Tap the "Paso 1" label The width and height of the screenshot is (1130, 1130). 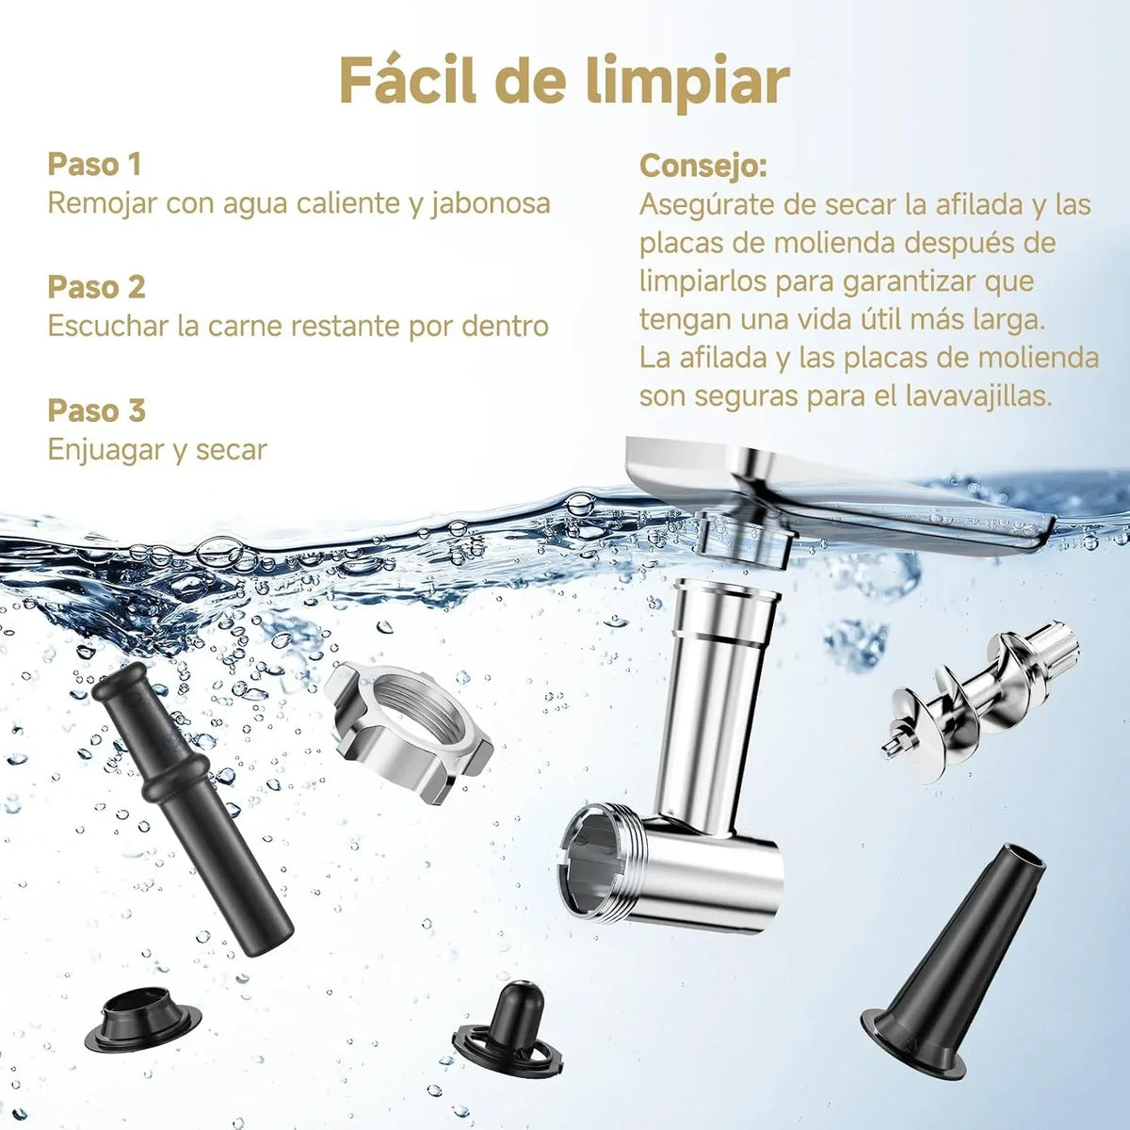tap(94, 164)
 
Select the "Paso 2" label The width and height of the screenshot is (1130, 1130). tap(96, 287)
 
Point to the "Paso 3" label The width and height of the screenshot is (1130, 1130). tap(96, 411)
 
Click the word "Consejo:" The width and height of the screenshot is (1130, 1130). tap(703, 167)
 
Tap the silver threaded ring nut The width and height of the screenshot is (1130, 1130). tap(410, 730)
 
